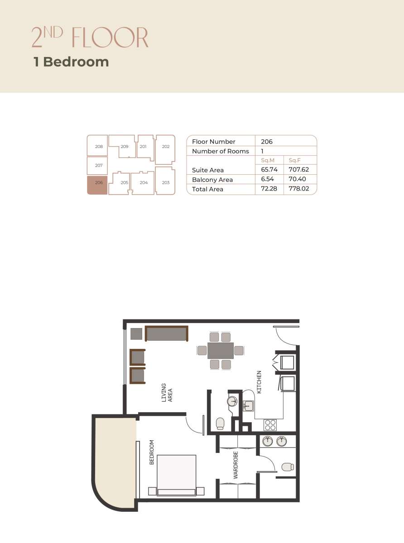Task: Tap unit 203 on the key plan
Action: tap(165, 182)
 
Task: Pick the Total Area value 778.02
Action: tap(298, 189)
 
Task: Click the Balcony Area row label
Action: tap(212, 180)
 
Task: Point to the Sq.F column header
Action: tap(294, 161)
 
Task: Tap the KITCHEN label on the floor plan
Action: tap(260, 382)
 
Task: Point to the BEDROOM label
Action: tap(152, 452)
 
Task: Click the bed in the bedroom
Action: tap(177, 475)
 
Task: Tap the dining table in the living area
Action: tap(221, 350)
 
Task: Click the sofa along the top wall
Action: tap(166, 333)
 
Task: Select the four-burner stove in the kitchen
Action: tap(270, 425)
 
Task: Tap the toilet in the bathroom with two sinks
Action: tap(287, 467)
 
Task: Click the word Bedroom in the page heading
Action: tap(76, 62)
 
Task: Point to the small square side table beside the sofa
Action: tap(136, 334)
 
